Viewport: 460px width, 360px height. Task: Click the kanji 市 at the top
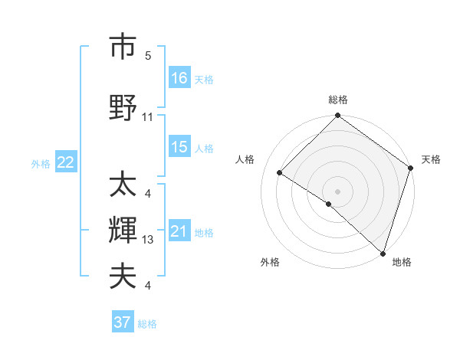coord(123,47)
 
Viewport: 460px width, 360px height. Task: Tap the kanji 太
coord(123,184)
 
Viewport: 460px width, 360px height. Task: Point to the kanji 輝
coord(123,231)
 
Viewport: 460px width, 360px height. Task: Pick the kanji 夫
coord(123,276)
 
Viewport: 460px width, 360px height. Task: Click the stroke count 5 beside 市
coord(148,57)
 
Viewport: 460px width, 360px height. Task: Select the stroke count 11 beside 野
coord(148,117)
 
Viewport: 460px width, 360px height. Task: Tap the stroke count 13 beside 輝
coord(148,240)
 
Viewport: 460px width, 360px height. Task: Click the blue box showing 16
coord(179,78)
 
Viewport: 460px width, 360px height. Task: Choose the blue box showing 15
coord(179,147)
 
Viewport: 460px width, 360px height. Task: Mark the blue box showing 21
coord(179,231)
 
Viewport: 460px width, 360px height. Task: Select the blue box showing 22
coord(66,162)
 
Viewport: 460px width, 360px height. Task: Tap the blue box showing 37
coord(123,322)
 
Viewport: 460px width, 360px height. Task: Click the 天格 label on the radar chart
coord(431,159)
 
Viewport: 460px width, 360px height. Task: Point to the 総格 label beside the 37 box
coord(147,324)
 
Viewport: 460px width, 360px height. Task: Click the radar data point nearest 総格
coord(337,116)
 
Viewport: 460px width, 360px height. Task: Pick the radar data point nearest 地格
coord(383,253)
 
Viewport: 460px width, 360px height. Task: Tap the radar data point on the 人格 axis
coord(280,173)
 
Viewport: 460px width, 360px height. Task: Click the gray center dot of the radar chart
coord(337,191)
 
